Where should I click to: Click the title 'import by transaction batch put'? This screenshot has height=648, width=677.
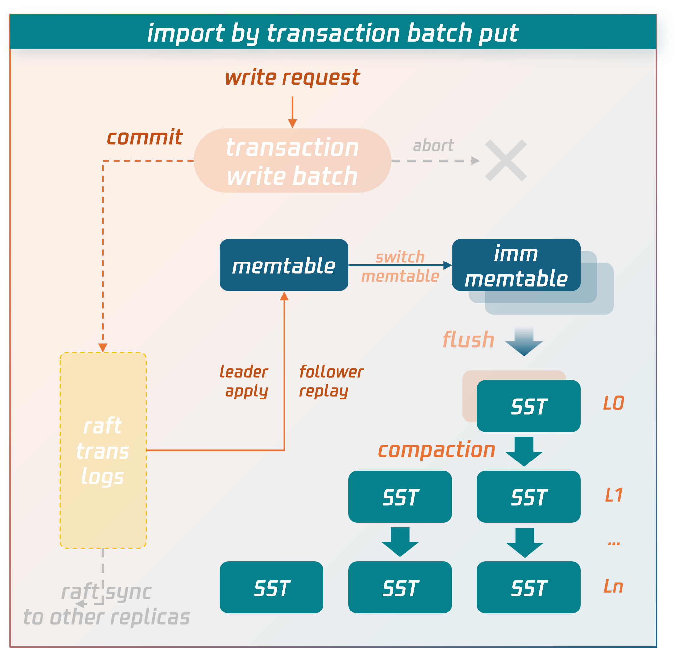pyautogui.click(x=332, y=33)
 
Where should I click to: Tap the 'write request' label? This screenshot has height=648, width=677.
pyautogui.click(x=292, y=77)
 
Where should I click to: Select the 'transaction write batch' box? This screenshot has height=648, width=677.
pyautogui.click(x=292, y=161)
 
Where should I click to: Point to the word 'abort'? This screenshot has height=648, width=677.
pyautogui.click(x=433, y=146)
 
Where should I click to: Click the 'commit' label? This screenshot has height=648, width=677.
pyautogui.click(x=144, y=137)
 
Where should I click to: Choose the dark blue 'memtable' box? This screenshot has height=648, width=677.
pyautogui.click(x=284, y=265)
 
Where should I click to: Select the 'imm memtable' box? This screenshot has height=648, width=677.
pyautogui.click(x=516, y=265)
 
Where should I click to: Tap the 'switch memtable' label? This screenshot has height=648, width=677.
pyautogui.click(x=400, y=267)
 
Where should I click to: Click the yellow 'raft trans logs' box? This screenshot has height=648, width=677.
pyautogui.click(x=103, y=450)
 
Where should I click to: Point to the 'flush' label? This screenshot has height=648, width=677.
pyautogui.click(x=468, y=340)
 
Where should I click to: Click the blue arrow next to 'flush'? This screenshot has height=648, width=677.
pyautogui.click(x=524, y=341)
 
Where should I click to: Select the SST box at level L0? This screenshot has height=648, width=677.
pyautogui.click(x=528, y=406)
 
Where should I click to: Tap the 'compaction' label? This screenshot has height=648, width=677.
pyautogui.click(x=437, y=450)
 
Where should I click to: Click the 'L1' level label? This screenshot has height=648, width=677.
pyautogui.click(x=614, y=495)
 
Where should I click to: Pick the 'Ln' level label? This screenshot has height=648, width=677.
pyautogui.click(x=613, y=586)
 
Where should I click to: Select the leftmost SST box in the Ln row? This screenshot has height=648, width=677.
pyautogui.click(x=271, y=587)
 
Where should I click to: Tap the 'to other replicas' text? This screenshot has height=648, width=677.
pyautogui.click(x=106, y=617)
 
